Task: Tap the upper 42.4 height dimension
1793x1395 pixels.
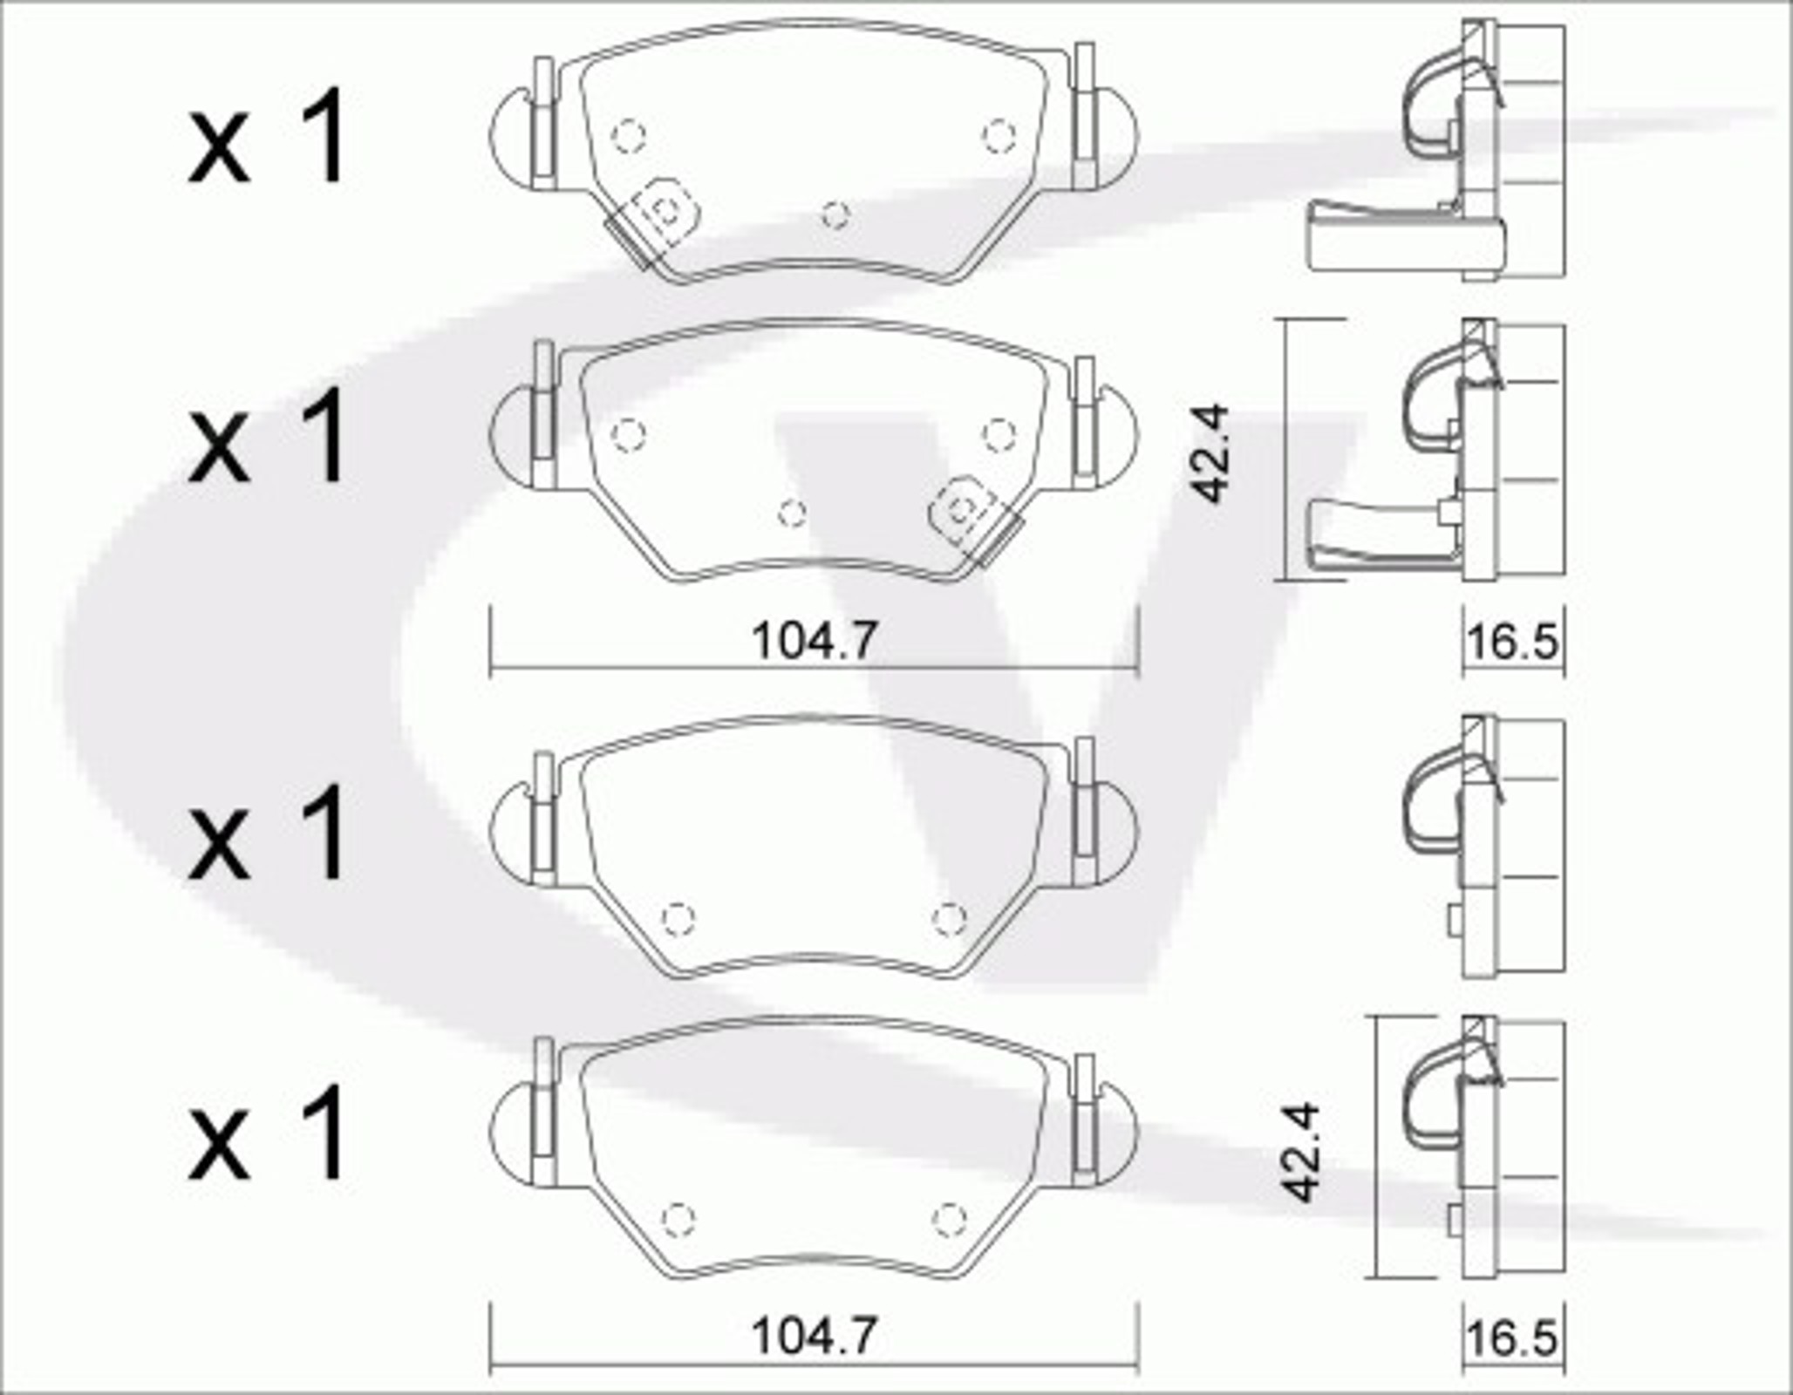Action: [x=1211, y=453]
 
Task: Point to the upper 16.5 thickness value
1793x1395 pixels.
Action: [x=1512, y=643]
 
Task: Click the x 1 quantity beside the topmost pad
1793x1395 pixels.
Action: [x=267, y=139]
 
